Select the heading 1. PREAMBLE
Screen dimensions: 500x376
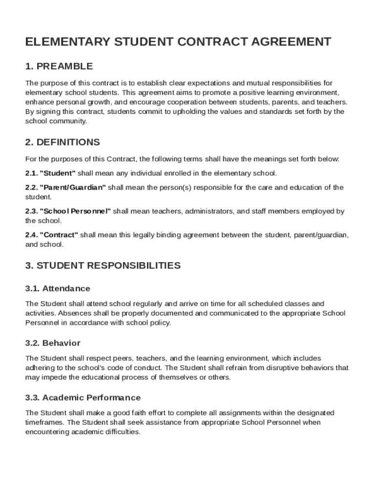(59, 66)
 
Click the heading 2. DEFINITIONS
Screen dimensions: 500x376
(63, 142)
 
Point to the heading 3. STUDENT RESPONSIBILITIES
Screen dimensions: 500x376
(103, 266)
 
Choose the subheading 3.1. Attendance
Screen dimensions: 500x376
(58, 289)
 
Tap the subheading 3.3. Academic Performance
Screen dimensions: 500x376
(83, 397)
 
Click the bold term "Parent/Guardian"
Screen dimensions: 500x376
(73, 187)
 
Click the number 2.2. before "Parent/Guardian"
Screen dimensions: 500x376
(31, 187)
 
